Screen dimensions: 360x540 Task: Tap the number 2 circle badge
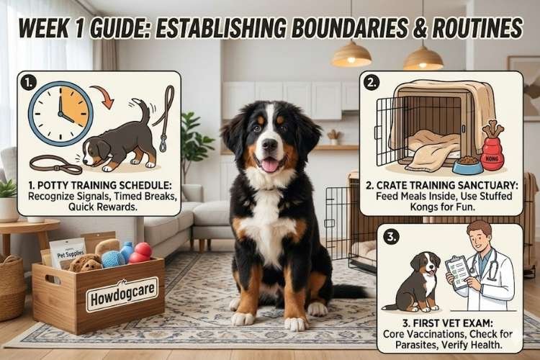tap(372, 84)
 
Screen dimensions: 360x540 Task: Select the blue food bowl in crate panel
tap(467, 166)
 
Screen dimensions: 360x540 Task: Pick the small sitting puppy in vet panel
tap(415, 282)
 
